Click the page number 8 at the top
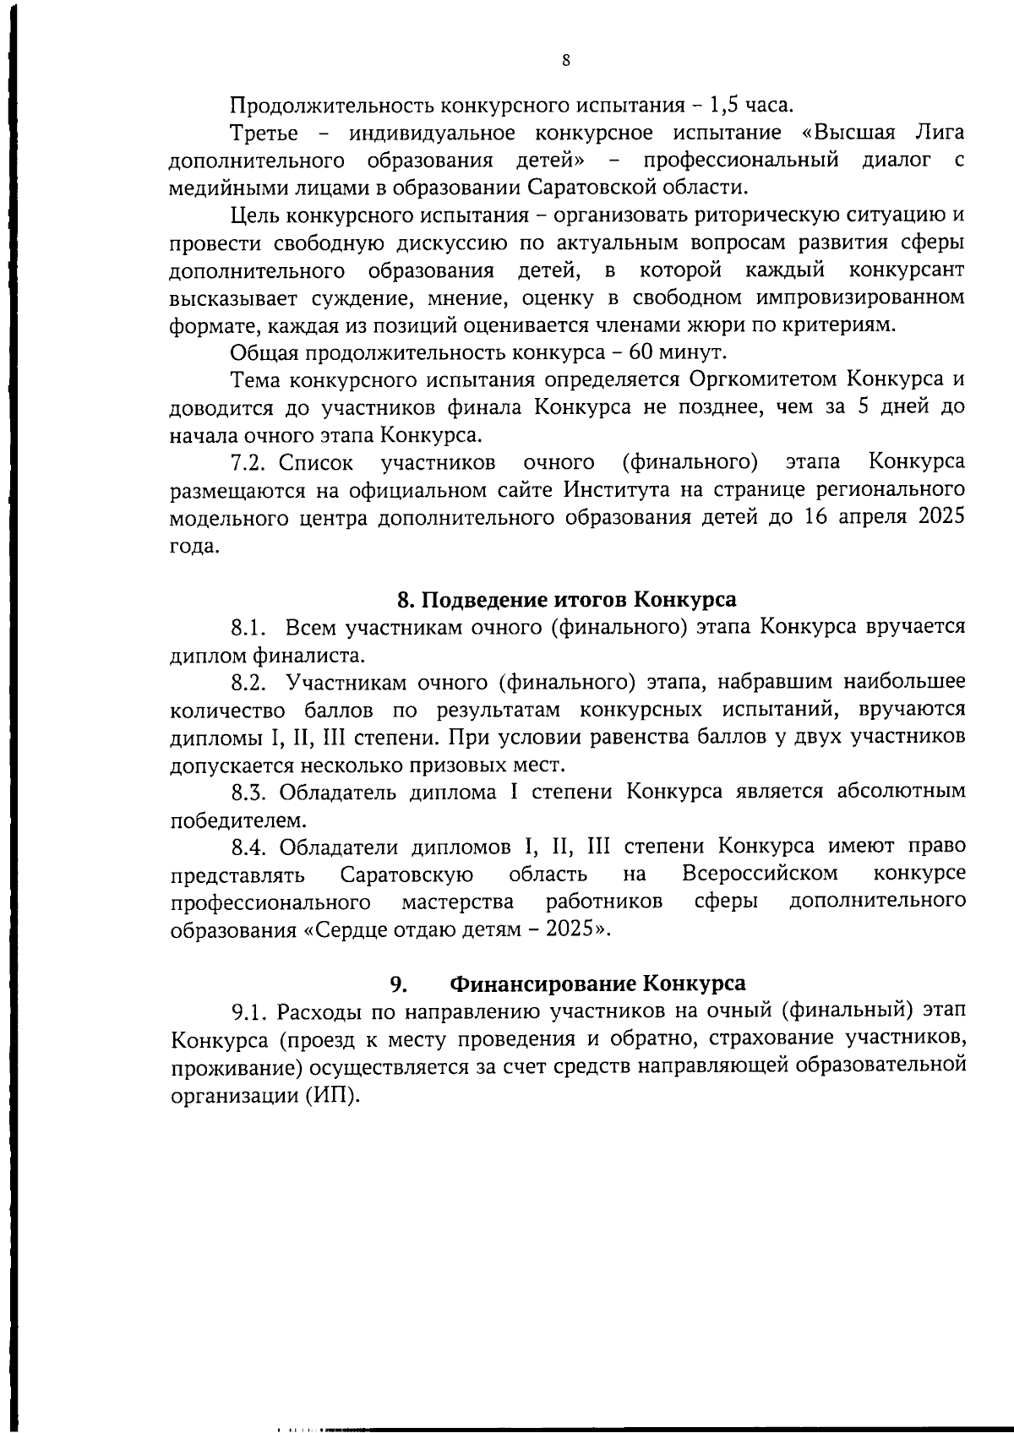tap(565, 60)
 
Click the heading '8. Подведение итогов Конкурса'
tap(566, 600)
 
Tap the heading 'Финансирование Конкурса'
tap(597, 983)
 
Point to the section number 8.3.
tap(250, 792)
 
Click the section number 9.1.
tap(250, 1011)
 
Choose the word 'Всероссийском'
tap(760, 873)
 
